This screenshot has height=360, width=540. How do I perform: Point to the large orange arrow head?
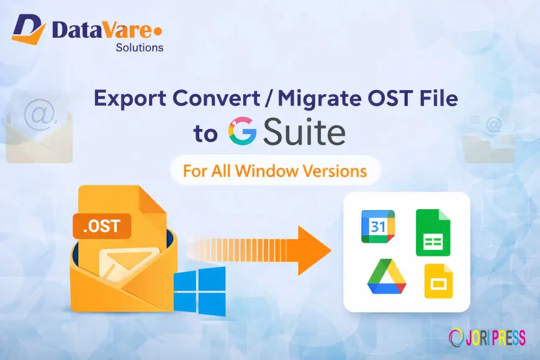pyautogui.click(x=313, y=250)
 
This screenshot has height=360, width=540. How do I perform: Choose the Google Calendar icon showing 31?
pyautogui.click(x=378, y=227)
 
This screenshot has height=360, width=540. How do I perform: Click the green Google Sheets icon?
pyautogui.click(x=433, y=233)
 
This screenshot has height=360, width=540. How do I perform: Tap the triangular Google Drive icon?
pyautogui.click(x=387, y=276)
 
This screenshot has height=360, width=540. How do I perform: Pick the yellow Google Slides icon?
pyautogui.click(x=438, y=281)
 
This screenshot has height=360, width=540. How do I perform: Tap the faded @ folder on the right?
pyautogui.click(x=488, y=138)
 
